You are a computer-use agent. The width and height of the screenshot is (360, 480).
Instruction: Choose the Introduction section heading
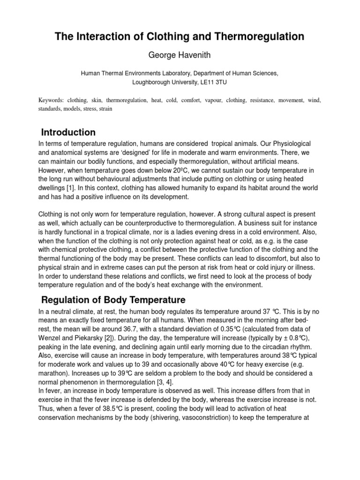[x=68, y=132]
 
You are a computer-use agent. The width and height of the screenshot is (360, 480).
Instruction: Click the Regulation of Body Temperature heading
[x=113, y=300]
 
